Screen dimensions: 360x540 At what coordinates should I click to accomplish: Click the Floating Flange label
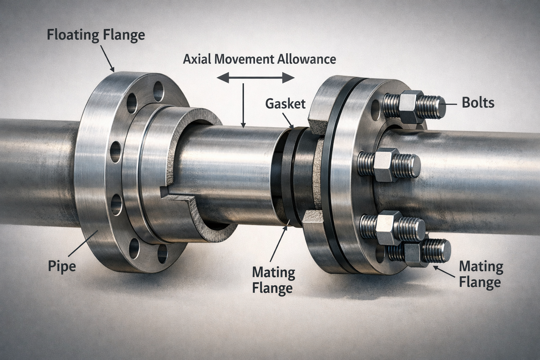point(96,36)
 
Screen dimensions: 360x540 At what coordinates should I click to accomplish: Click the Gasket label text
point(285,104)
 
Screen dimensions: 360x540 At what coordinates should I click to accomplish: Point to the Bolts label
point(478,103)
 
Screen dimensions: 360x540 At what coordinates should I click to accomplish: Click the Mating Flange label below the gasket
point(274,280)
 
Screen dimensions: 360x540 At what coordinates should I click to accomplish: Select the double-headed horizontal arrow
point(256,77)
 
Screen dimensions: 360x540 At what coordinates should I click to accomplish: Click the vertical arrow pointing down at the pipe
point(243,105)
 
